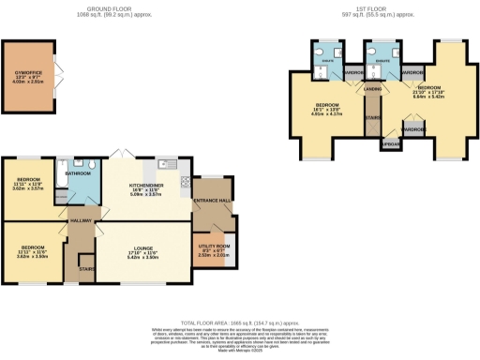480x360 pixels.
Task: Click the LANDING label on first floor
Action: (x=372, y=90)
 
